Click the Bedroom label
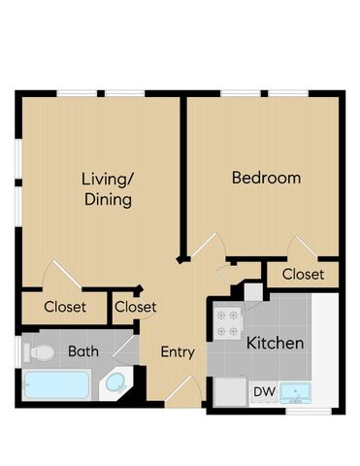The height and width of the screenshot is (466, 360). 266,178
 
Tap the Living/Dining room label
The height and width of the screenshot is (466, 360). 107,189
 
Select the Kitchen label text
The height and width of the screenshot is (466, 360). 275,343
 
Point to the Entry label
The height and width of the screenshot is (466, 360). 178,352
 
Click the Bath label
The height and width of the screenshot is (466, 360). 83,351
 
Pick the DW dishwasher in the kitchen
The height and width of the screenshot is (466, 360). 265,392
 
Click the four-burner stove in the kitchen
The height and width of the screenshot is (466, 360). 228,323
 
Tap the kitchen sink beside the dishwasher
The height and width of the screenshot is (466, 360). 295,393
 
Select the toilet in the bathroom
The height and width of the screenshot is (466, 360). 38,352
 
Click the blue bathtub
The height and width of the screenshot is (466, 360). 56,385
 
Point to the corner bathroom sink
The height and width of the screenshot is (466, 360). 115,383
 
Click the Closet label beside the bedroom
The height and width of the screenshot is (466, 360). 303,275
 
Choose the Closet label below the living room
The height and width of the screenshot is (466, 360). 65,307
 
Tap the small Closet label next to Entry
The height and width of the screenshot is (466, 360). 135,307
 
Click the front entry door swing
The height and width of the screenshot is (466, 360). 183,390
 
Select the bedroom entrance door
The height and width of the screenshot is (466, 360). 208,245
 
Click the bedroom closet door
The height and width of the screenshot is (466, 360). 303,247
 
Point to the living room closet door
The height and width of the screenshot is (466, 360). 62,274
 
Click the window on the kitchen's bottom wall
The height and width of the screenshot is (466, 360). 309,412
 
